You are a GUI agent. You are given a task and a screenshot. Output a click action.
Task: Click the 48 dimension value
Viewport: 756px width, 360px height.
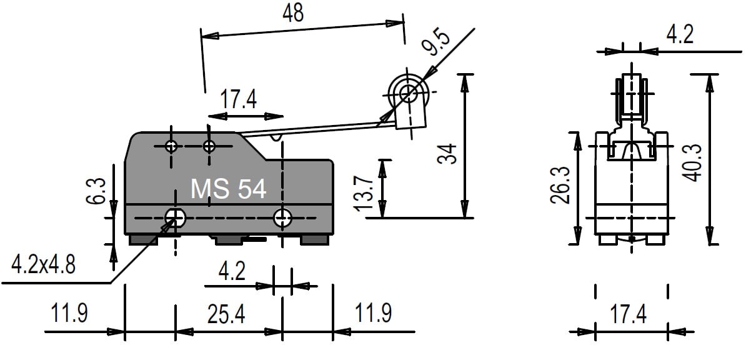point(293,13)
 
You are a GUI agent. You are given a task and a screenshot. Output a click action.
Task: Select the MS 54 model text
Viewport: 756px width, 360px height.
point(229,189)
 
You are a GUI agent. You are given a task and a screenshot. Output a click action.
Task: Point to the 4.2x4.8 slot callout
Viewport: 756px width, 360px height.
point(44,266)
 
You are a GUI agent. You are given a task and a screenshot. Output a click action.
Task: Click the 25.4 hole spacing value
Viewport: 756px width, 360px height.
point(226,314)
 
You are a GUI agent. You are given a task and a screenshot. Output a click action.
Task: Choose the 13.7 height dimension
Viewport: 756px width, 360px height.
point(368,191)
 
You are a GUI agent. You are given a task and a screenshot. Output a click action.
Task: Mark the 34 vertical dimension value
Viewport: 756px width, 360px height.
point(447,154)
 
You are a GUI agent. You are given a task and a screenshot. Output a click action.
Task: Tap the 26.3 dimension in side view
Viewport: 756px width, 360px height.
point(560,186)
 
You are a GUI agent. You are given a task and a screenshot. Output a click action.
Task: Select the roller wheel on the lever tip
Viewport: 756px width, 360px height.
point(409,94)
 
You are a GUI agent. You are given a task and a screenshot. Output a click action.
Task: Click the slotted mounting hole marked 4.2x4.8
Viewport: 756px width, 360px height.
point(174,217)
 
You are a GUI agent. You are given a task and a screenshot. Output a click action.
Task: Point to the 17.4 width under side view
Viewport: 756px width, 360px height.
point(629,314)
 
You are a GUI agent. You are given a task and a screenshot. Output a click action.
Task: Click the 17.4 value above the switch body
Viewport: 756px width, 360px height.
point(238,99)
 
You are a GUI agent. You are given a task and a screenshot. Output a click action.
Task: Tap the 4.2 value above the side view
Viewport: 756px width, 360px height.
point(679,35)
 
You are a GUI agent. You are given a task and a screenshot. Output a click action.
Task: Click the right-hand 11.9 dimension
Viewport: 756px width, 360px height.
point(374,313)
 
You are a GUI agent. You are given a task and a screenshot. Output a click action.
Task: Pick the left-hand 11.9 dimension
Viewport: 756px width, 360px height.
point(69,313)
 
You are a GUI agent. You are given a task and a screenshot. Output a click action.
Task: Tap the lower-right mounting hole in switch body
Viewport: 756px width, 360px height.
point(283,217)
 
